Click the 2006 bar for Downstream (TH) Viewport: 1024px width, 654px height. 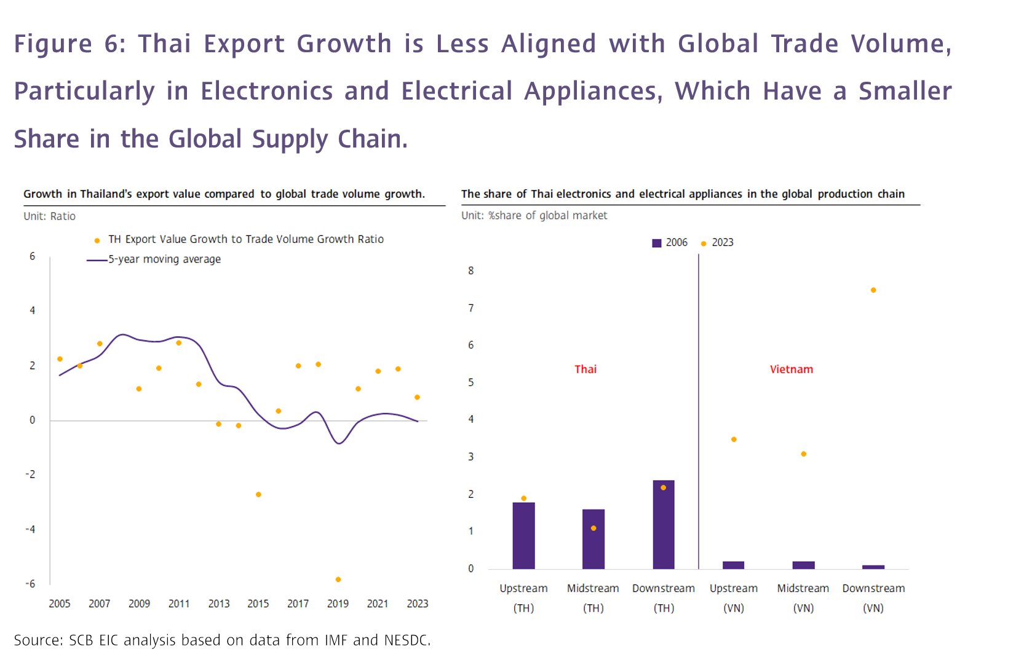(x=663, y=525)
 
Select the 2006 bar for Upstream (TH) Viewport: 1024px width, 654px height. (x=523, y=536)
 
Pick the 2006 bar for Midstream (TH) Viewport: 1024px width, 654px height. (x=593, y=540)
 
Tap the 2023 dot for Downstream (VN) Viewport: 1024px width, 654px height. (x=873, y=290)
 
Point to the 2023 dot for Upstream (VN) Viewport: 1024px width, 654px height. (x=734, y=439)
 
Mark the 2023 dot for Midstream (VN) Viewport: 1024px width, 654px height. (x=803, y=454)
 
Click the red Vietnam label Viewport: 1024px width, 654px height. (x=791, y=369)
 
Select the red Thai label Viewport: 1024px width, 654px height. (x=585, y=369)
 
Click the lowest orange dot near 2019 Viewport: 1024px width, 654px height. (x=338, y=580)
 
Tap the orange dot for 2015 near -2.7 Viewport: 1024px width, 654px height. (x=258, y=495)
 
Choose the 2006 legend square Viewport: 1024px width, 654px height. (x=656, y=243)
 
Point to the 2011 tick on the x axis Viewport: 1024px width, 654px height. (x=179, y=604)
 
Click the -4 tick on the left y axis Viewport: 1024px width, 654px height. (x=30, y=529)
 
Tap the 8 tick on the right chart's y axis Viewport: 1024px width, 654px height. (x=471, y=271)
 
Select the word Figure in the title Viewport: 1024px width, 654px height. (x=53, y=44)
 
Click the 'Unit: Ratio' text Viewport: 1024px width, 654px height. (x=49, y=216)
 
